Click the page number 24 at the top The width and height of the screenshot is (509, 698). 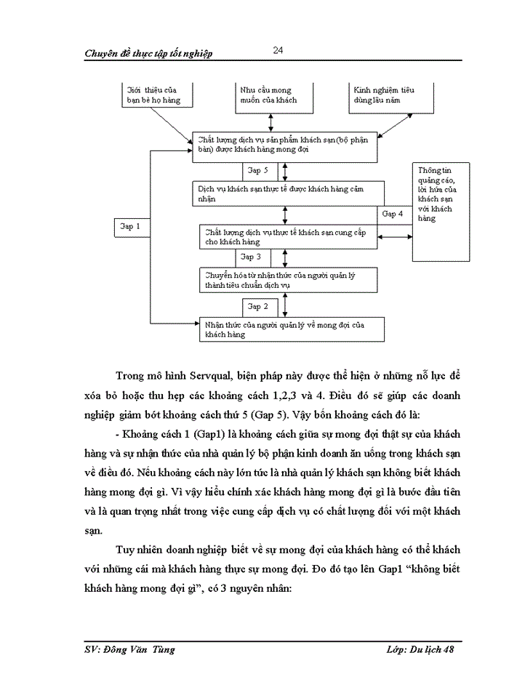pyautogui.click(x=278, y=50)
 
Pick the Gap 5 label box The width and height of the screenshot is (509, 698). pyautogui.click(x=260, y=170)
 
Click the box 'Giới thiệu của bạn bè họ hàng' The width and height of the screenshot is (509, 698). pyautogui.click(x=156, y=95)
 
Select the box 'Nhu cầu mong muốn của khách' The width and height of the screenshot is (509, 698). pyautogui.click(x=270, y=95)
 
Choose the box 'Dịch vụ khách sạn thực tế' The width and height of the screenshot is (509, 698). pyautogui.click(x=287, y=193)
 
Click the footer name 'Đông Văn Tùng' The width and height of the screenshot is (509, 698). pyautogui.click(x=151, y=649)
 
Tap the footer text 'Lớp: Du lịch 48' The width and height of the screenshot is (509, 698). pyautogui.click(x=420, y=649)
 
